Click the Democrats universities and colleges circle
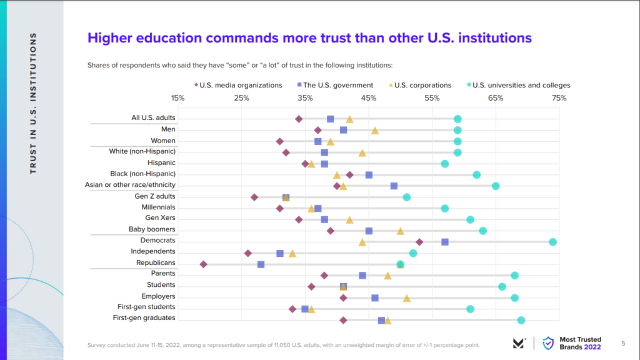pos(552,242)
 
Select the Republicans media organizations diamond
pos(203,264)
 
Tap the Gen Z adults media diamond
pos(254,197)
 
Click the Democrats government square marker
pos(445,242)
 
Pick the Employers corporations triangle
pos(407,298)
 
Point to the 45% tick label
pos(369,98)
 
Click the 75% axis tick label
pos(559,98)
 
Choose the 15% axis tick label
pos(178,98)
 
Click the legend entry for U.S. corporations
pos(422,85)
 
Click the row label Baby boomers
pos(152,229)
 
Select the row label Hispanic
pos(161,162)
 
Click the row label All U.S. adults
pos(153,117)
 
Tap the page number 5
pos(623,342)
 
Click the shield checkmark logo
pos(548,342)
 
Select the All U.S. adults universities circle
pos(457,119)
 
